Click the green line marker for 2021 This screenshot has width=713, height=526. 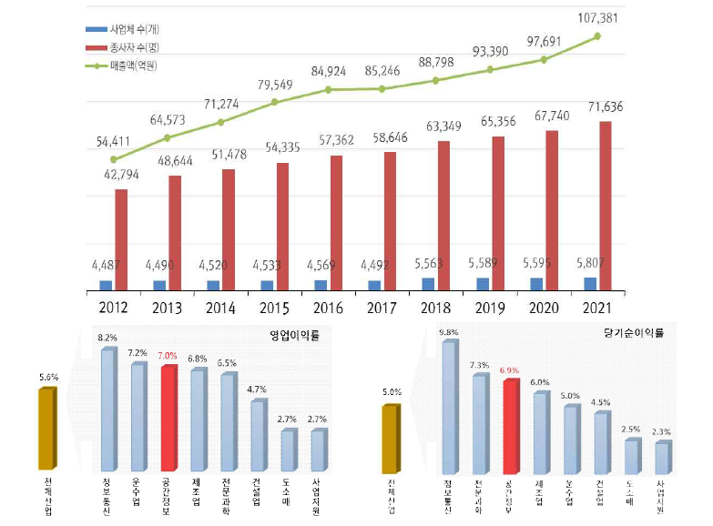coord(598,36)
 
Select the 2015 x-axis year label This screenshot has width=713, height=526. coord(273,308)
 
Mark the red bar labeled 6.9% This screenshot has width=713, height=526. coord(510,418)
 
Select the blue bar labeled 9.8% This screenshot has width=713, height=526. coord(449,397)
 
